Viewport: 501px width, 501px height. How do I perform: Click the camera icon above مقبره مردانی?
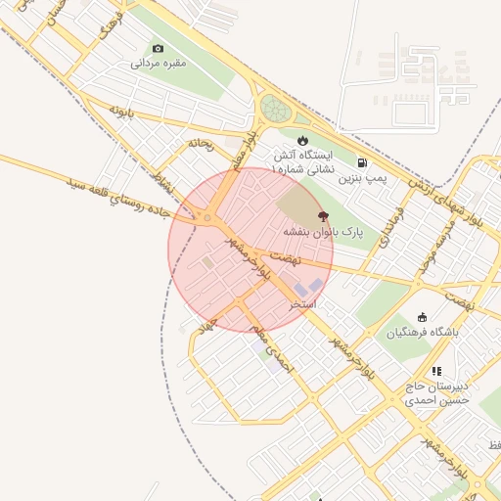pos(159,48)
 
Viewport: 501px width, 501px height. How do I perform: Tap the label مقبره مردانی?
pos(159,64)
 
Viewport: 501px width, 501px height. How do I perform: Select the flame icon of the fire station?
pos(302,141)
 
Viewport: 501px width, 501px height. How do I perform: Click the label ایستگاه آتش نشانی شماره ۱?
pos(302,162)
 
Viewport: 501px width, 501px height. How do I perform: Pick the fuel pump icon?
pos(363,162)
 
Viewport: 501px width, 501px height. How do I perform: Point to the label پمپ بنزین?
pos(364,179)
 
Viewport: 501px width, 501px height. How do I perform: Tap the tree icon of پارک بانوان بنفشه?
pos(323,216)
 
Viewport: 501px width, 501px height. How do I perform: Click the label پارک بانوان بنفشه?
pos(323,233)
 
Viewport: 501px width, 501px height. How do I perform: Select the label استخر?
pos(303,304)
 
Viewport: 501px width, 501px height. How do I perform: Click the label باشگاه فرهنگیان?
pos(422,333)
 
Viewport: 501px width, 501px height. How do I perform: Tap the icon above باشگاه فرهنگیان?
pos(422,316)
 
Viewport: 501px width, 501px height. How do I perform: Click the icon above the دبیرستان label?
pos(436,371)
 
